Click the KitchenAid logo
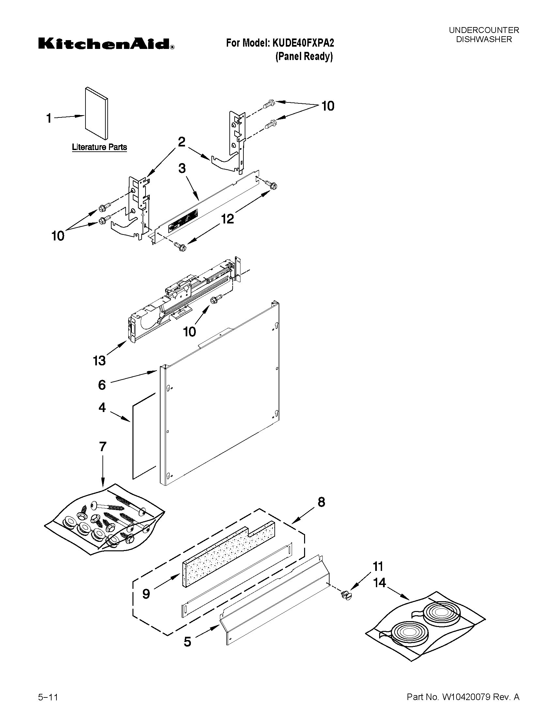[x=106, y=44]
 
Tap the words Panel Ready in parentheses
[x=304, y=56]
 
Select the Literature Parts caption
[x=99, y=147]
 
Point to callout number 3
[x=182, y=168]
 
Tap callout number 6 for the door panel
[x=102, y=385]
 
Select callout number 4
[x=102, y=408]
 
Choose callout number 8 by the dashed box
[x=321, y=502]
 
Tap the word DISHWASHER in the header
[x=484, y=39]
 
